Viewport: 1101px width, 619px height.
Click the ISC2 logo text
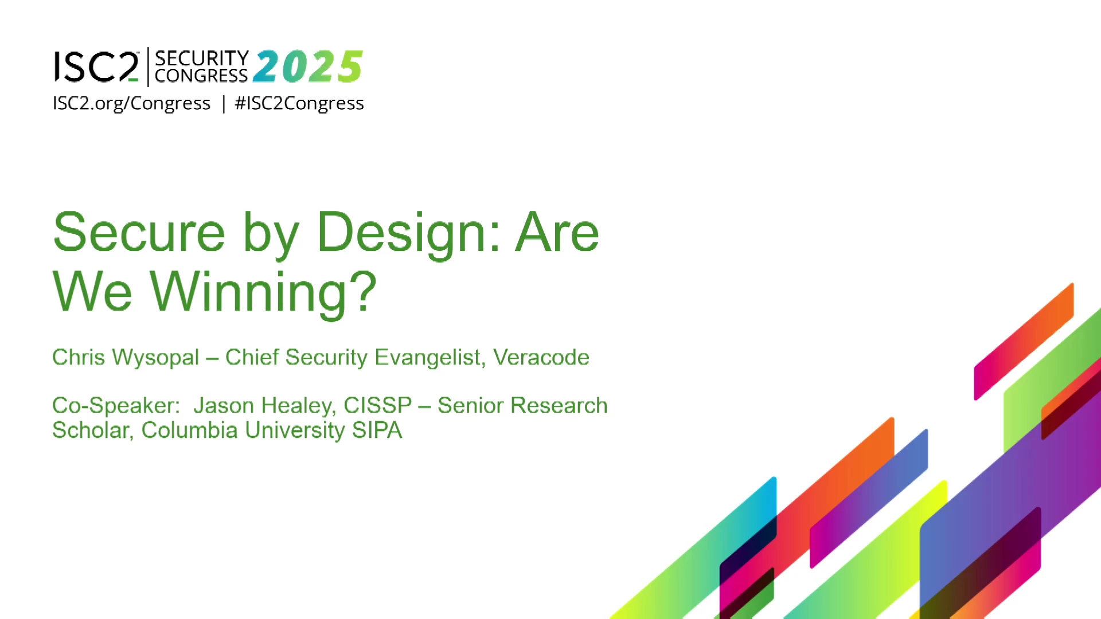(96, 66)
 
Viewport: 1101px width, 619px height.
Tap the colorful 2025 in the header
(307, 66)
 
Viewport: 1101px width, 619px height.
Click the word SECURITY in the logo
(202, 58)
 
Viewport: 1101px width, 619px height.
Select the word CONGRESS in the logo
(201, 76)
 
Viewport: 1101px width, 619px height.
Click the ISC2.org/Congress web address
(132, 103)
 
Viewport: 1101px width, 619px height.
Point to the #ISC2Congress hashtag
(299, 103)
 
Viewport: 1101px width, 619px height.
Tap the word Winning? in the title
(263, 293)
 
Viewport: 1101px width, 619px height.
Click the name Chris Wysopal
(126, 357)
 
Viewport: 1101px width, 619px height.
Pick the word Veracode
(541, 357)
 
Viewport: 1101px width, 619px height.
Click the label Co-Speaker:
(116, 406)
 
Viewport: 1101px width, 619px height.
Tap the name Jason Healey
(264, 406)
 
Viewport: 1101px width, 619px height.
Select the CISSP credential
(377, 405)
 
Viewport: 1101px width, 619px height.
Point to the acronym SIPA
(377, 430)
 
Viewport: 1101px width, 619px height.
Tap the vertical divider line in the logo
(148, 67)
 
